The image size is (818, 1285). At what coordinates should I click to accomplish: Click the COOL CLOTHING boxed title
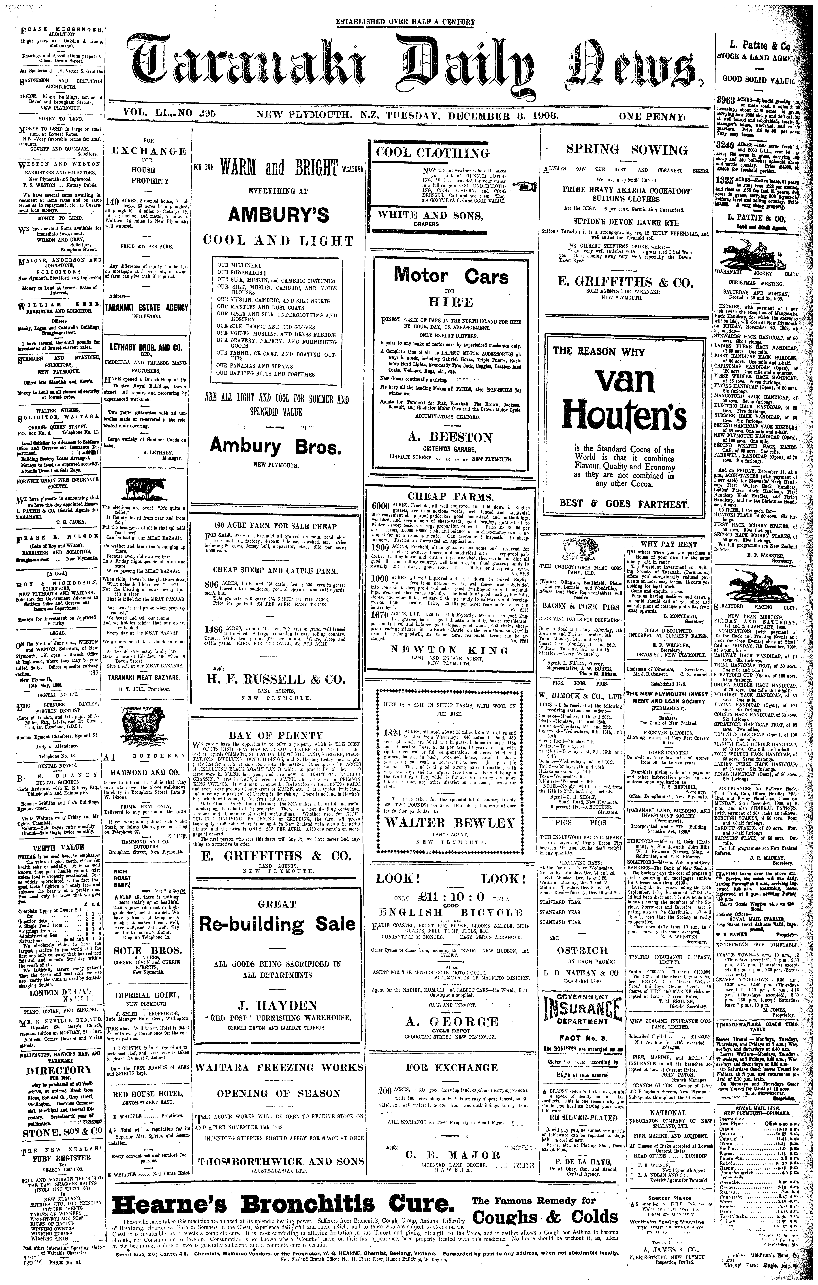click(432, 153)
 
